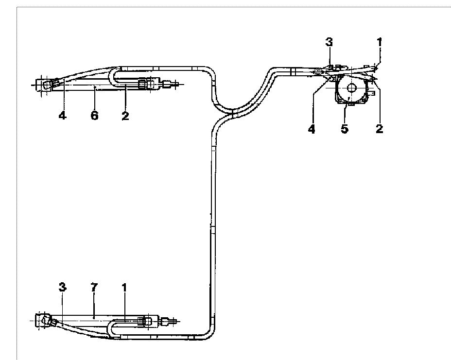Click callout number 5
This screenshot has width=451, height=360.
click(x=345, y=129)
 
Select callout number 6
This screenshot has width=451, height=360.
click(x=95, y=116)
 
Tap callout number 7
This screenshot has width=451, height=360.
click(x=94, y=287)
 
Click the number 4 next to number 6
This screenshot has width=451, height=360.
click(x=62, y=116)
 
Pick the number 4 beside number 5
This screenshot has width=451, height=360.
click(x=312, y=129)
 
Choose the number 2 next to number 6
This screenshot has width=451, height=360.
click(x=125, y=116)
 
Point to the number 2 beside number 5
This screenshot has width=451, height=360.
click(x=380, y=129)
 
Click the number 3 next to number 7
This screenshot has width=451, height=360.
click(x=62, y=287)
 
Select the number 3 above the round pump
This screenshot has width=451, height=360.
click(x=329, y=42)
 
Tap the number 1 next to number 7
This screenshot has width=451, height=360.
click(x=124, y=287)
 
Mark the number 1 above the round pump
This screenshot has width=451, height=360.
click(x=380, y=42)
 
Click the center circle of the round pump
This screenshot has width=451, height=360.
click(x=351, y=88)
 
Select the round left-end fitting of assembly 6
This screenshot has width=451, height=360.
click(x=47, y=85)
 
